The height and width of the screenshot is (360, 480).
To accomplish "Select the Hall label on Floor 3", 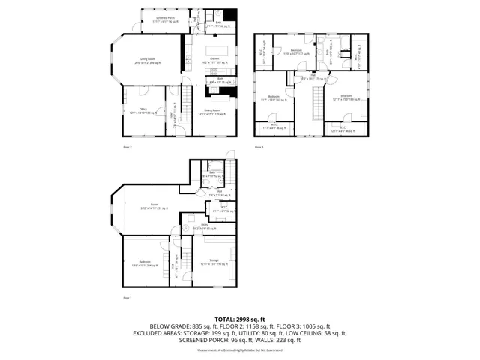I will point(313,76).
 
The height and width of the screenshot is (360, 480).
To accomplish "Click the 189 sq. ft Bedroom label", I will point(346,97).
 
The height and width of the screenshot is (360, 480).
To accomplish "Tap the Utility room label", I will point(205,226).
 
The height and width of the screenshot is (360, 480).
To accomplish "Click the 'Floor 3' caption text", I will point(259,148).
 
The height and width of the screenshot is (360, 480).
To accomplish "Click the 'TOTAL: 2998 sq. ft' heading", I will point(240,318).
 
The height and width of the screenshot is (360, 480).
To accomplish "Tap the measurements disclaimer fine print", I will point(240,349).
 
